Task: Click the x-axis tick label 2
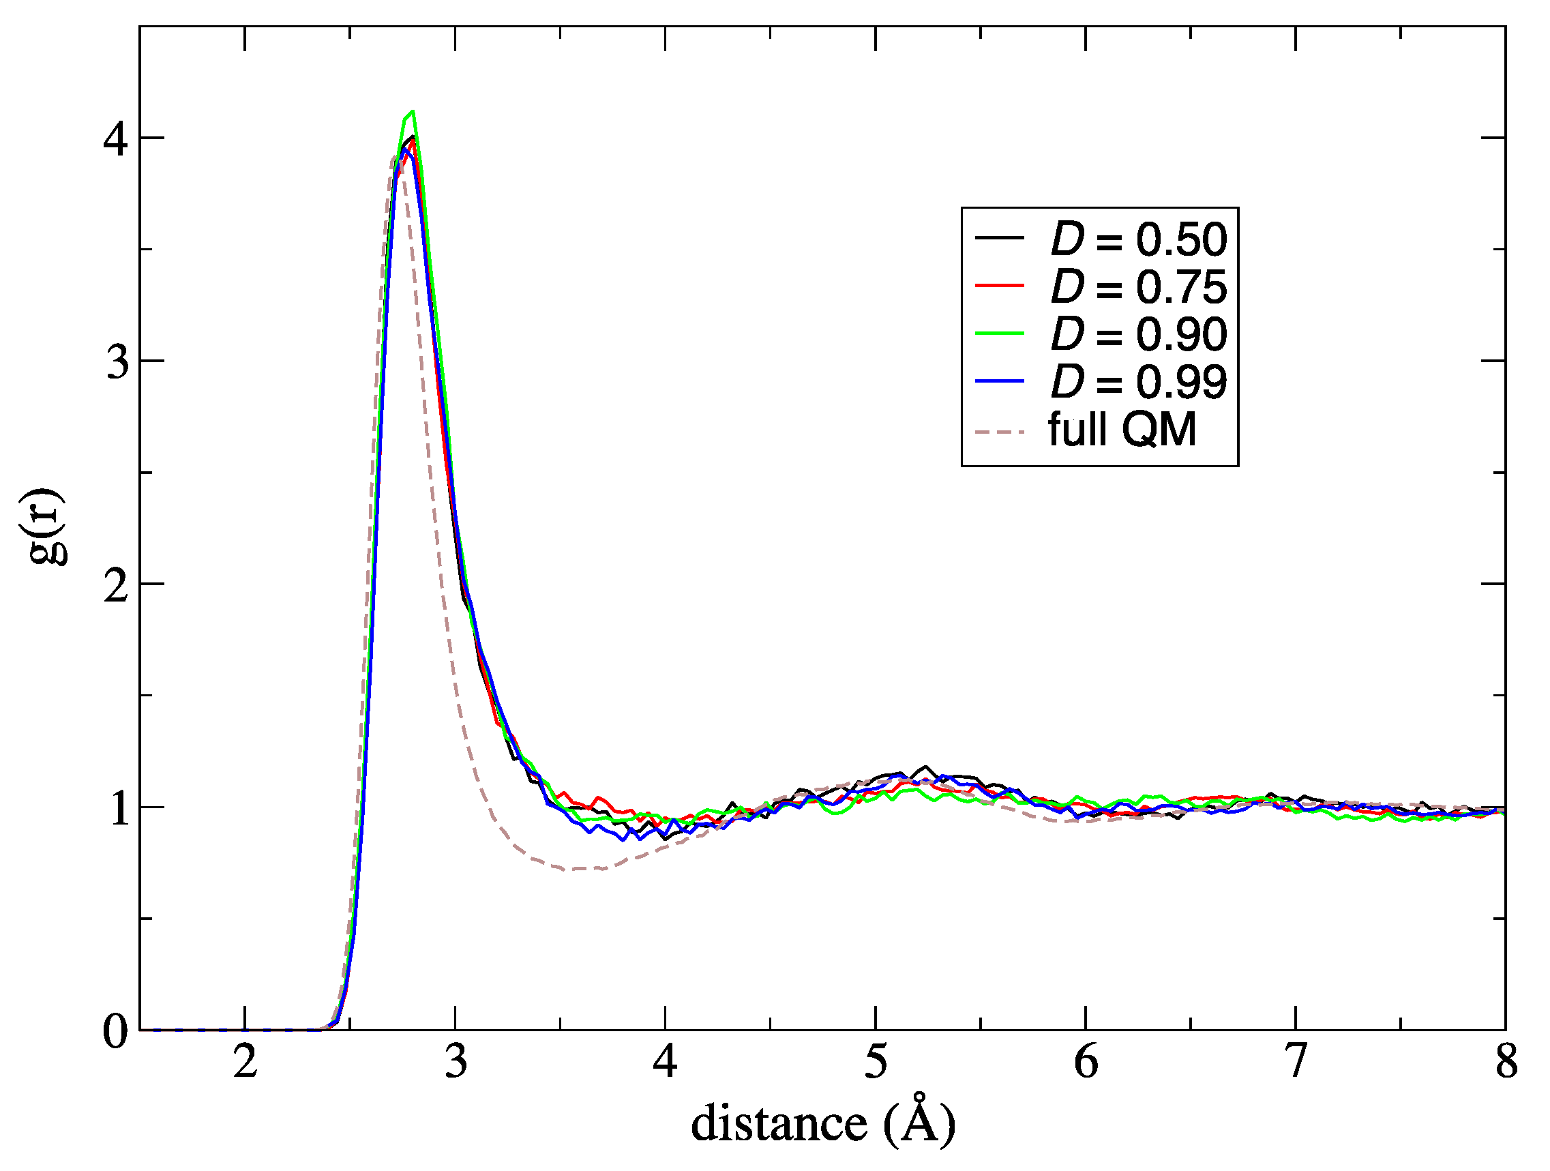click(245, 1063)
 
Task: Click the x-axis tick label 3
click(456, 1063)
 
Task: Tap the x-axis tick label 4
click(665, 1063)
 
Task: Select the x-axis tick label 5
click(875, 1063)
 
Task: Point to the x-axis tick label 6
click(1086, 1063)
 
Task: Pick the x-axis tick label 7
click(1296, 1063)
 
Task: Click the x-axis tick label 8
click(1506, 1063)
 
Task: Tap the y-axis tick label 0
click(117, 1031)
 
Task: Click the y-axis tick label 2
click(117, 585)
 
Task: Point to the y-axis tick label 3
click(117, 362)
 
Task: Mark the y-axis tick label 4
click(117, 139)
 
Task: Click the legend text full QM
click(1122, 429)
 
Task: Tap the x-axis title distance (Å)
click(822, 1123)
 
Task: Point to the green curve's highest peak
click(413, 111)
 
